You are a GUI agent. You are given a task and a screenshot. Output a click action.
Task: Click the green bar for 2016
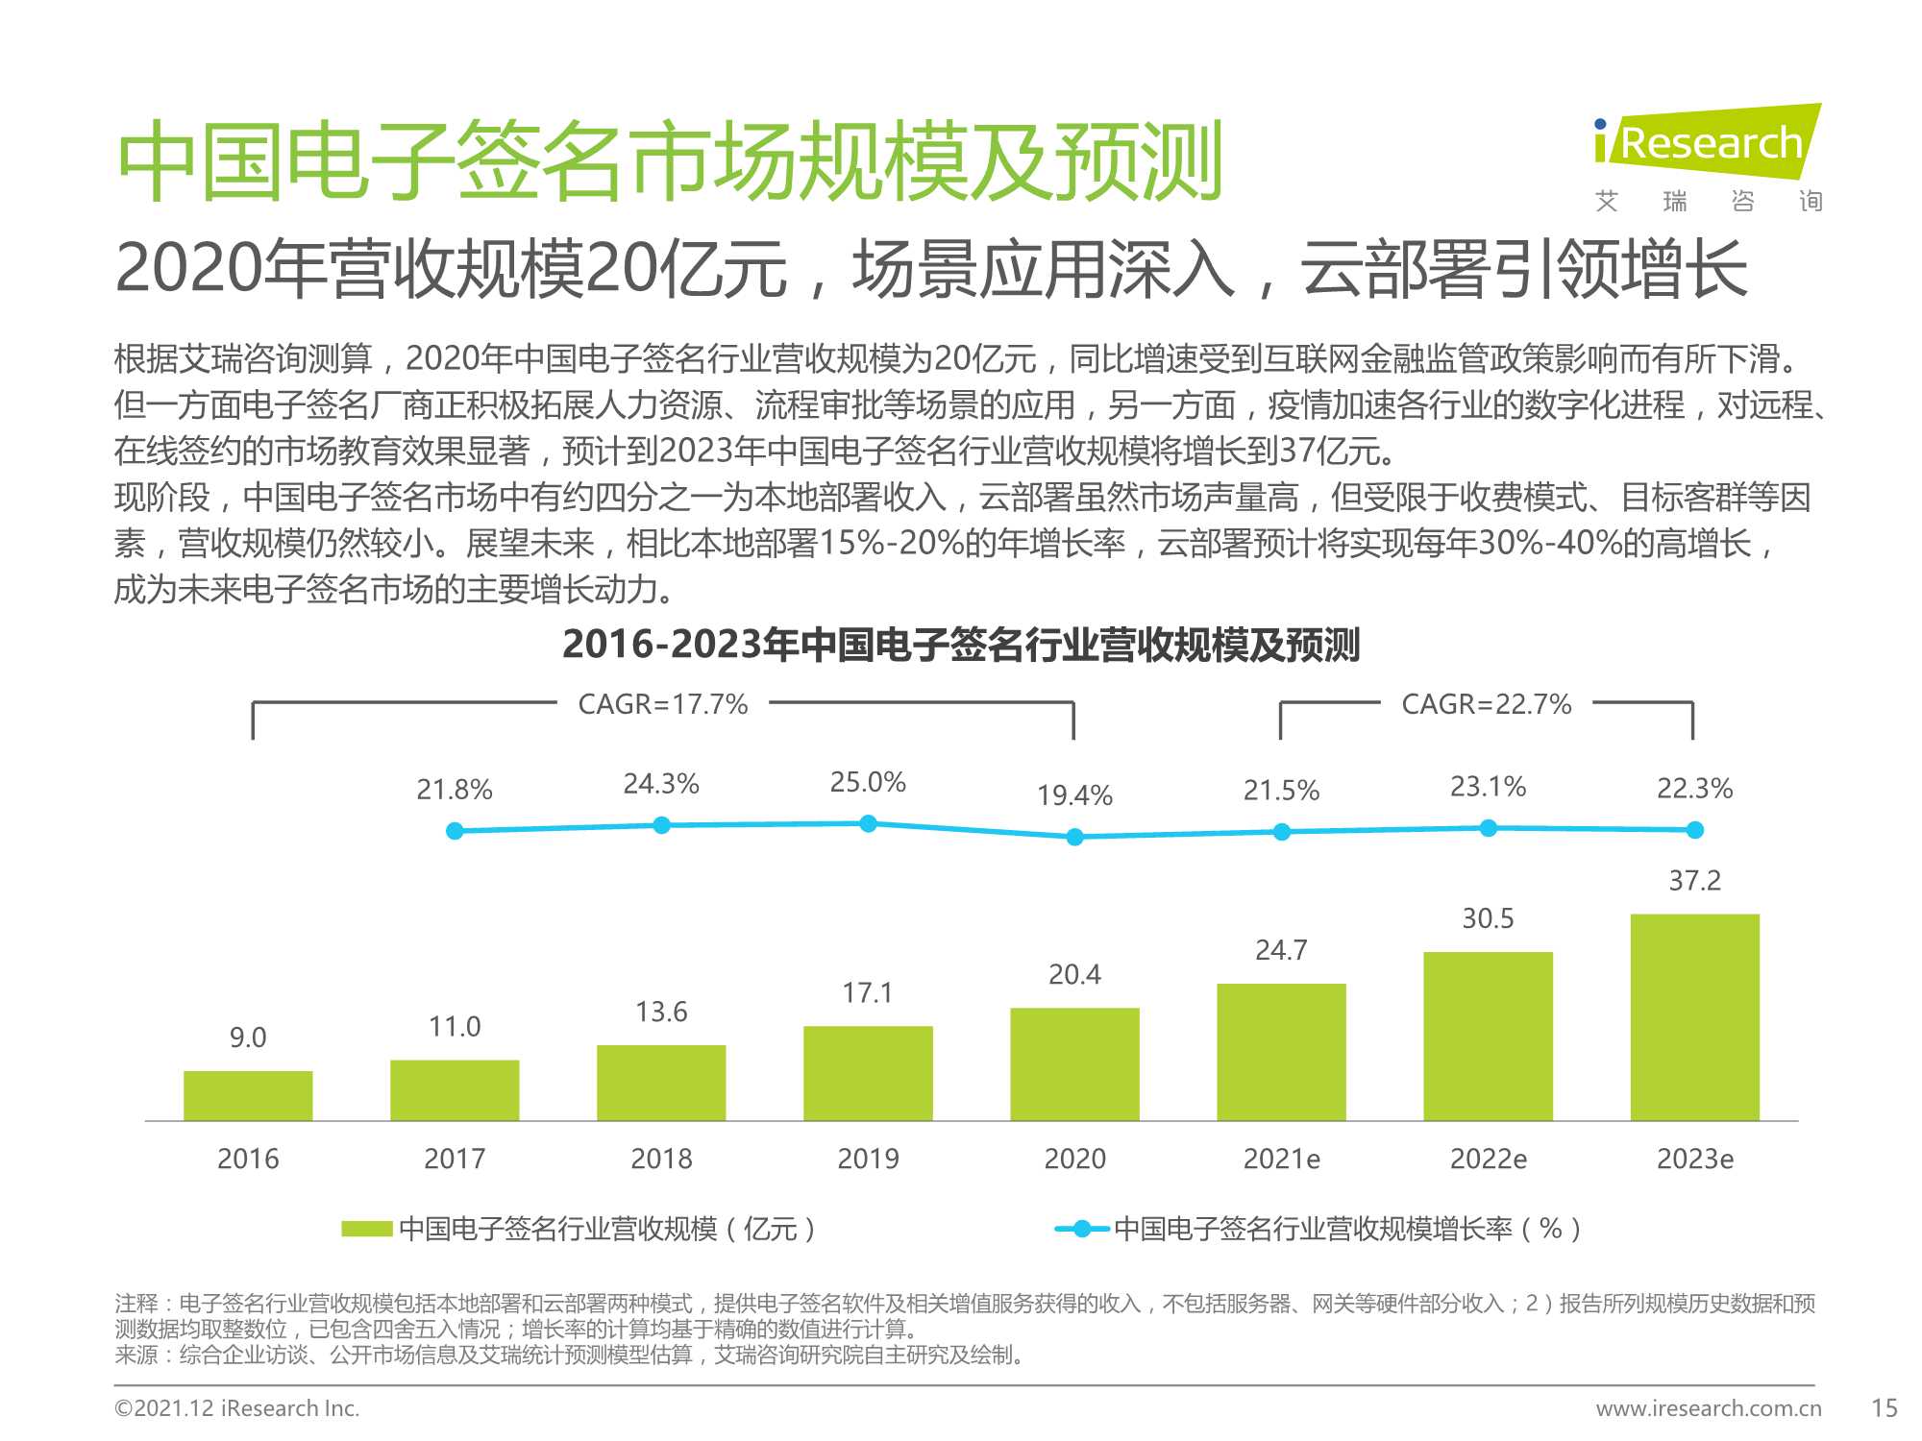coord(248,1095)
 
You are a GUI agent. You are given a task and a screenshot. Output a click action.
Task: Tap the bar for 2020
coord(1074,1063)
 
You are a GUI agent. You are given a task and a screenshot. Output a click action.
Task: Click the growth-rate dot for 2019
coord(868,823)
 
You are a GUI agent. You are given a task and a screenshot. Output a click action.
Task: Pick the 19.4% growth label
coord(1074,795)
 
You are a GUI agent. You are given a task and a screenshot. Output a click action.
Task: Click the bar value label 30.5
coord(1488,919)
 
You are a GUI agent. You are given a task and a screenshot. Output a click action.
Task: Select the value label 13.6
coord(661,1012)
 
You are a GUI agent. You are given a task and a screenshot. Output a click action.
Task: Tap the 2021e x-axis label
coord(1281,1160)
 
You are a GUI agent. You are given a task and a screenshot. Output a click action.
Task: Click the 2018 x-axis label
coord(661,1160)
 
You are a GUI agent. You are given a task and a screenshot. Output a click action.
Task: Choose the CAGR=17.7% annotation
coord(663,704)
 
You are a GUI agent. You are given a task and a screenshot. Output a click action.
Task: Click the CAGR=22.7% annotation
coord(1487,704)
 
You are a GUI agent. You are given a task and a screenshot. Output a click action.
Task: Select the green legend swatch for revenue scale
coord(367,1229)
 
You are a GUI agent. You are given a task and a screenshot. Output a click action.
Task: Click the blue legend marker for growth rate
coord(1082,1229)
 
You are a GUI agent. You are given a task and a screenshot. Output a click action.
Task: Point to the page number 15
coord(1885,1408)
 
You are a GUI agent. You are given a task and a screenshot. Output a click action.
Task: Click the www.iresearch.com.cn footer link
coord(1709,1408)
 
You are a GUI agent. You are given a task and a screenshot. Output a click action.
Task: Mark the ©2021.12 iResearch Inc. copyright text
coord(236,1408)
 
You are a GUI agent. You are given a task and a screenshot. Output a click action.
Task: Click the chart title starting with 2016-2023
coord(961,645)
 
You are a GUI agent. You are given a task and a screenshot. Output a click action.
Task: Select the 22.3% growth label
coord(1694,789)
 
